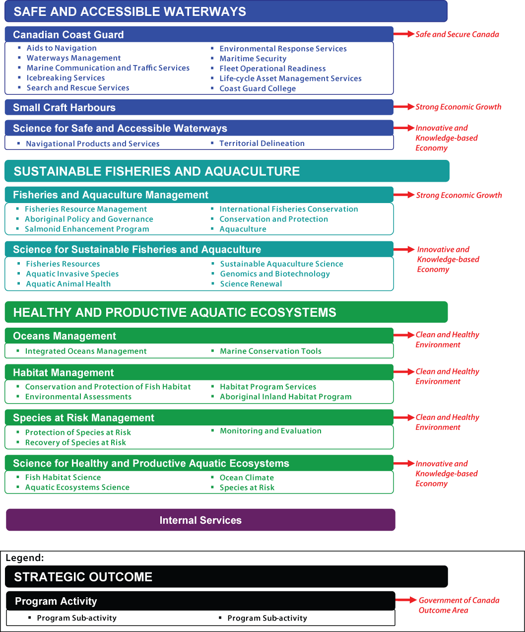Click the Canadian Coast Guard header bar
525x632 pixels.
point(198,34)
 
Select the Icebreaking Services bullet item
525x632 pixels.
point(66,78)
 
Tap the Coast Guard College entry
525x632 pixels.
point(258,88)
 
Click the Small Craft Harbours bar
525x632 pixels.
point(198,107)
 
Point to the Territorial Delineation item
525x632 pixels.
point(262,143)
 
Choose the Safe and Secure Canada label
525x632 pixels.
point(457,34)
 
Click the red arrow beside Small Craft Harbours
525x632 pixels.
point(404,107)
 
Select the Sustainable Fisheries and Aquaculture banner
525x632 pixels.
point(226,171)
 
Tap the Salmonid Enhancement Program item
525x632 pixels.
point(87,229)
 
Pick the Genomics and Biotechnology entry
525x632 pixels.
point(275,274)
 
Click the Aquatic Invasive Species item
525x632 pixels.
point(72,274)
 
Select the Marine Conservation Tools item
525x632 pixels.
point(270,351)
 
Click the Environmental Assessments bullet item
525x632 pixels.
point(78,397)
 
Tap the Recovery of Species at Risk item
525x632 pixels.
point(75,442)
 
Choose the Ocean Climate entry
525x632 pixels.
point(247,478)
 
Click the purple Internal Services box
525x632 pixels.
point(200,520)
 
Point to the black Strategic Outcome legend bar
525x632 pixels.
point(226,576)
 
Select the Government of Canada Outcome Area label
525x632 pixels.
point(459,605)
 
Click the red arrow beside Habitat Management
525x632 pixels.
point(404,371)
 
